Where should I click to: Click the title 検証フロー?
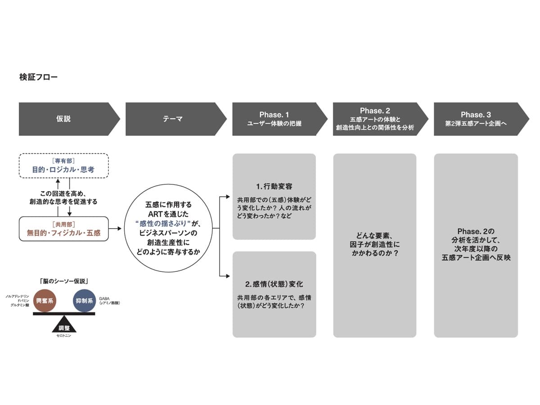(x=38, y=77)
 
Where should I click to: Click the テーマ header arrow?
(x=173, y=119)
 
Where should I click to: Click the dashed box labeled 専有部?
(x=63, y=166)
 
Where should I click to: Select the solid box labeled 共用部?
(x=63, y=229)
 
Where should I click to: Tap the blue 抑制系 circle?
(x=84, y=300)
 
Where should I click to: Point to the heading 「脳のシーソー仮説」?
(x=63, y=281)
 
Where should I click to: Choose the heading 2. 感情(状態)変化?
(x=274, y=284)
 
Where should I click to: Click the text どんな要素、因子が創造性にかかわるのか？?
(x=374, y=245)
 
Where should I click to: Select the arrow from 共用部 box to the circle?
(x=116, y=229)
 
